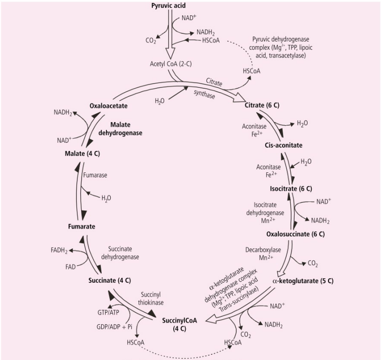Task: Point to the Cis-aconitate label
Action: [x=282, y=145]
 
